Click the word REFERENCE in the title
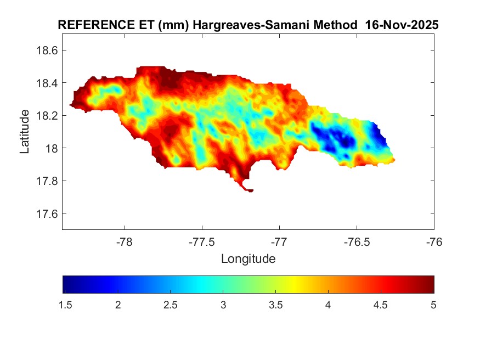pyautogui.click(x=89, y=26)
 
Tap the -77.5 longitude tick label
pyautogui.click(x=202, y=241)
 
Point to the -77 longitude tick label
pyautogui.click(x=279, y=241)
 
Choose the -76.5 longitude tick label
pyautogui.click(x=357, y=241)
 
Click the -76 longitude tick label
pyautogui.click(x=434, y=241)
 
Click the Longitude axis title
pyautogui.click(x=248, y=258)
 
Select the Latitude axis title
pyautogui.click(x=25, y=132)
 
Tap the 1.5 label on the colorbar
pyautogui.click(x=65, y=305)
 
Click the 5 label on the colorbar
pyautogui.click(x=433, y=305)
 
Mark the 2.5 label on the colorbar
pyautogui.click(x=171, y=305)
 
